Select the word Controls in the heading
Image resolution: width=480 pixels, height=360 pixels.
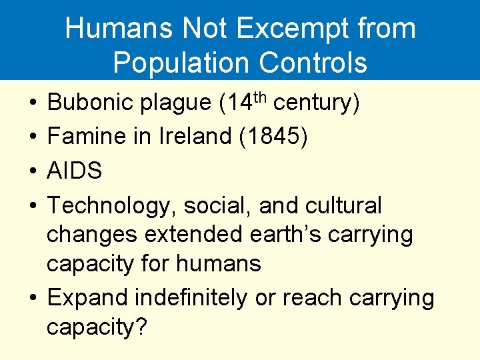pyautogui.click(x=313, y=63)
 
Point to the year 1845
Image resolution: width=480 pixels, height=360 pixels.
pyautogui.click(x=277, y=137)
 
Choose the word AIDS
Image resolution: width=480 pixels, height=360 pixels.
pyautogui.click(x=75, y=171)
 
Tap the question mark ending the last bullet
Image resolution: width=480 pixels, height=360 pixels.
pyautogui.click(x=140, y=327)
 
